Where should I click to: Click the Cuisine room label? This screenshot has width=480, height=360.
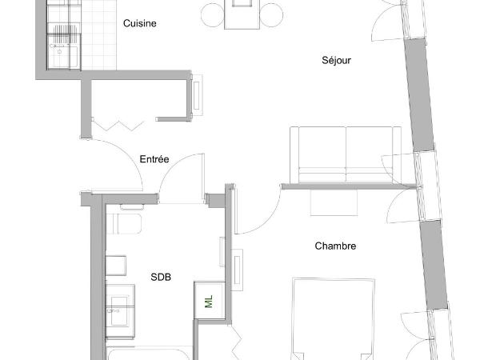pos(139,23)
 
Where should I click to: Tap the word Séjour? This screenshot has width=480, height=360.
pos(336,60)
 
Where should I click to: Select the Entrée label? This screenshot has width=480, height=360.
pos(154,159)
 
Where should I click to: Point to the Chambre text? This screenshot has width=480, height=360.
pos(335,246)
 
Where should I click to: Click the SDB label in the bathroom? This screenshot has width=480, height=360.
pos(161,277)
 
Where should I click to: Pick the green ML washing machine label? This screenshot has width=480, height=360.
pos(209,302)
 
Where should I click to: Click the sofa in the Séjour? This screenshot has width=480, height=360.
pos(346,154)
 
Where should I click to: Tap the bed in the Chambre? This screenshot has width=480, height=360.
pos(334,319)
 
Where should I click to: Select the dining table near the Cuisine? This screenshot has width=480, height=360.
pos(242,14)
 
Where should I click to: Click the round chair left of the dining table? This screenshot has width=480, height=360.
pos(213,15)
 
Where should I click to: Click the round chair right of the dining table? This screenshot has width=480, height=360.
pos(271,15)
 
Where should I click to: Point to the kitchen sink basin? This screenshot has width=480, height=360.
pos(60,56)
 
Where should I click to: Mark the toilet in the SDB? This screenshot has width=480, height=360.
pos(124,223)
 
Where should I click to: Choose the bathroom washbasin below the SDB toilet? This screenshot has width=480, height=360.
pos(120,311)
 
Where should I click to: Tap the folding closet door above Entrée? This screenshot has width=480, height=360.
pos(118,126)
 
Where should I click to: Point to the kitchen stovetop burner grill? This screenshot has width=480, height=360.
pos(65,30)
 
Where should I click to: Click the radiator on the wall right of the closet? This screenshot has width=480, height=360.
pos(197,95)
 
